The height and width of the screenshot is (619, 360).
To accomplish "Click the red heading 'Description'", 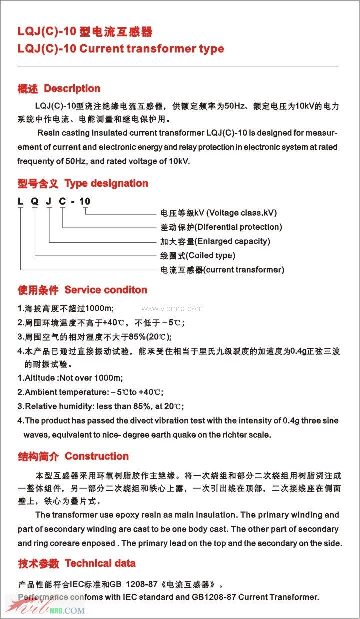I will [72, 89].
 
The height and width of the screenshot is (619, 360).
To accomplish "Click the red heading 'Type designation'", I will [106, 183].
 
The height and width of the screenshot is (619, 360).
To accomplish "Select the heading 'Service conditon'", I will [106, 290].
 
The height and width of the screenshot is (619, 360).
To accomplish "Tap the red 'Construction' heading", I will [97, 456].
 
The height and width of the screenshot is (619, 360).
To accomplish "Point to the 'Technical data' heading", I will [100, 563].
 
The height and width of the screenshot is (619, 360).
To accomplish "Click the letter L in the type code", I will [20, 201].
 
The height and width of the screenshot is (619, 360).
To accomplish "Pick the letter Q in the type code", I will [34, 201].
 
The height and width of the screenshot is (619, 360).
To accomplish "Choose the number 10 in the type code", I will [85, 201].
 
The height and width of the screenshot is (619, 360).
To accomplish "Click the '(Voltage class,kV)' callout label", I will [241, 213].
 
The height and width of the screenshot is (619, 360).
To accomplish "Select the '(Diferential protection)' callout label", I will [238, 227].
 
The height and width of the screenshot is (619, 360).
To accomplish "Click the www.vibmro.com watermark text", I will [172, 309].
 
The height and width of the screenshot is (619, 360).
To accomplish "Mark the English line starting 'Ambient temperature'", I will [90, 392].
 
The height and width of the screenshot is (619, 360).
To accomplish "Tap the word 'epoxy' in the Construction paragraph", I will [123, 515].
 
